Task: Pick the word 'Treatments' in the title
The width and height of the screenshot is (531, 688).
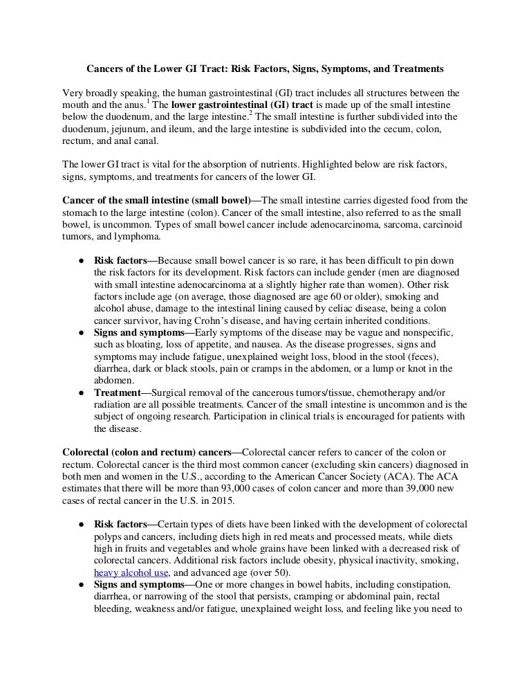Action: click(x=418, y=69)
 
